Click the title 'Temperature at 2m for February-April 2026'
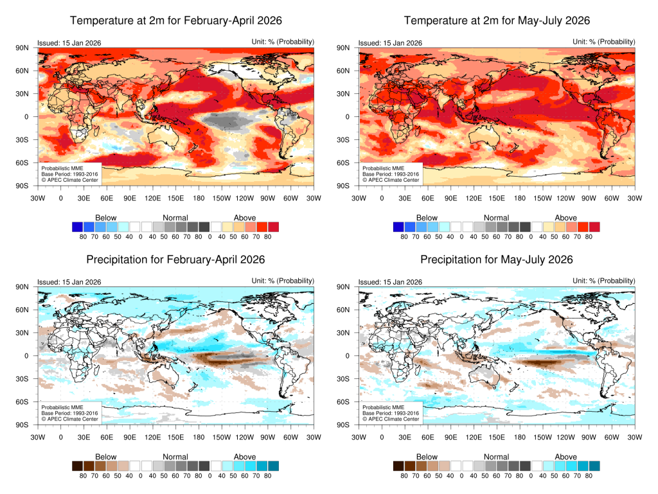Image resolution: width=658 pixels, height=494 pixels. click(x=175, y=21)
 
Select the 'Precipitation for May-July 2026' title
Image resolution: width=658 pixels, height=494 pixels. click(x=497, y=260)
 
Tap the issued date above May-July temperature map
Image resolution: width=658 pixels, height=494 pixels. click(x=390, y=43)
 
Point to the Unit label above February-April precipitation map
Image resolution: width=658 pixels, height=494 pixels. click(x=283, y=281)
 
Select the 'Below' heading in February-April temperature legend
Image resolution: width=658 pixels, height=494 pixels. click(x=106, y=218)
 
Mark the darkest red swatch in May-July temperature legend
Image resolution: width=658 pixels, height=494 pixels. click(x=594, y=227)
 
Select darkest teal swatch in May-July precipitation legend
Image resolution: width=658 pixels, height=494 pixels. click(x=594, y=466)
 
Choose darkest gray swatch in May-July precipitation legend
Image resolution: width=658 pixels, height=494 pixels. click(x=525, y=466)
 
